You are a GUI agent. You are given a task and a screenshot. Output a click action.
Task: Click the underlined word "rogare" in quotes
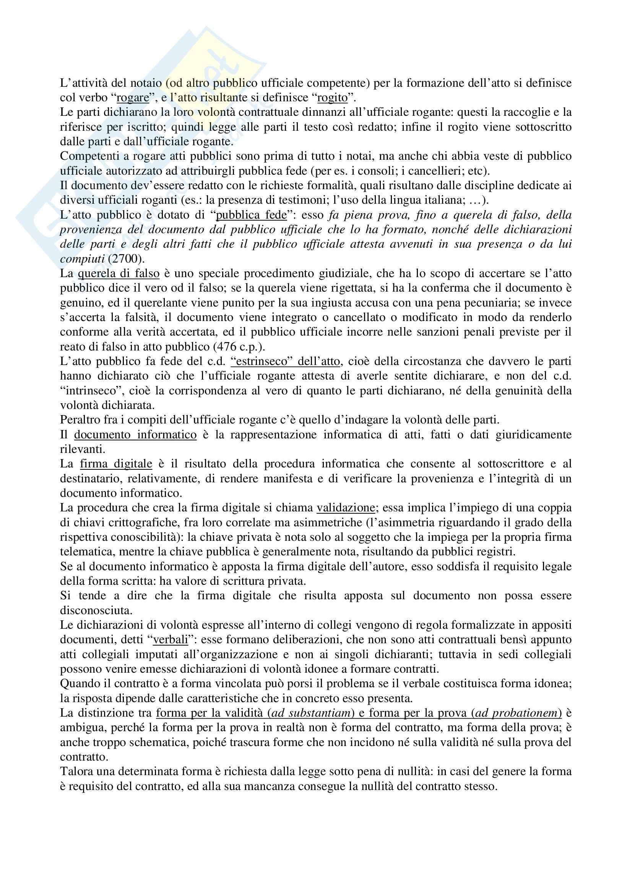(x=133, y=98)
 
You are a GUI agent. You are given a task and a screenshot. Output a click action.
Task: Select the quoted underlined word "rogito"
(x=332, y=98)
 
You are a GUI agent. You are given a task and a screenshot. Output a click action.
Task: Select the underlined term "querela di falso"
(x=119, y=273)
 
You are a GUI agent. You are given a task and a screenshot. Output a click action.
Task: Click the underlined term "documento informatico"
(x=135, y=434)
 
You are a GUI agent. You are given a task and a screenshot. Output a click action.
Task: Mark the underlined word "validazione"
(x=346, y=507)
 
